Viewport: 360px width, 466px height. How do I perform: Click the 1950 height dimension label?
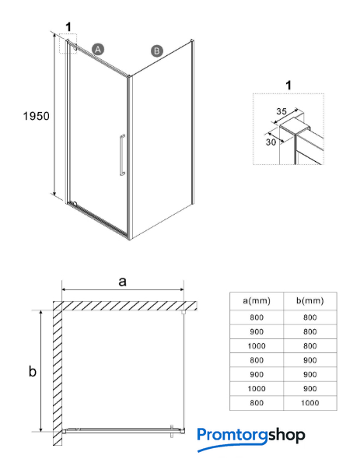click(37, 116)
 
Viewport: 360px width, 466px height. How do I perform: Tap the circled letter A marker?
click(98, 49)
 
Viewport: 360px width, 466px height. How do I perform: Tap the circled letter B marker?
click(157, 51)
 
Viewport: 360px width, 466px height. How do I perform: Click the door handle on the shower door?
click(122, 155)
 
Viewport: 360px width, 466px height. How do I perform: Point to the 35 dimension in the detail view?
click(281, 111)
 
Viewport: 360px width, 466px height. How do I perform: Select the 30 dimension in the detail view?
click(271, 142)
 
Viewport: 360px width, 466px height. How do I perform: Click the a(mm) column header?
click(257, 300)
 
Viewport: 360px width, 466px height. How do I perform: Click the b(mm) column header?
click(309, 300)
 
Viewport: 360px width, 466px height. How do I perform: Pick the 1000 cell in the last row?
click(309, 403)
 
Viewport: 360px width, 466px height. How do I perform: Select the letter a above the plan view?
click(122, 281)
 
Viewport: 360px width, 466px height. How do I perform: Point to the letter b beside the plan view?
click(33, 371)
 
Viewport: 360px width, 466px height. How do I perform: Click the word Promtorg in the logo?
click(232, 435)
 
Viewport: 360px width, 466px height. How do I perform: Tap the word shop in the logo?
click(286, 436)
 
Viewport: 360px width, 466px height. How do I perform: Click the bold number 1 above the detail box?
click(288, 86)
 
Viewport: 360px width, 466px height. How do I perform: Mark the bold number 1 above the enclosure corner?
click(68, 27)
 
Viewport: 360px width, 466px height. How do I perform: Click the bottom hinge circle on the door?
click(75, 204)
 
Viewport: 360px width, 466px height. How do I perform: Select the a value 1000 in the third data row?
click(257, 346)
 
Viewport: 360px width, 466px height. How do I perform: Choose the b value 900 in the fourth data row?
click(309, 360)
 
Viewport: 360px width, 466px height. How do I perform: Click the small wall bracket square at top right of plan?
click(183, 312)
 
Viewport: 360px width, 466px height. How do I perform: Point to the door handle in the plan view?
click(172, 431)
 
